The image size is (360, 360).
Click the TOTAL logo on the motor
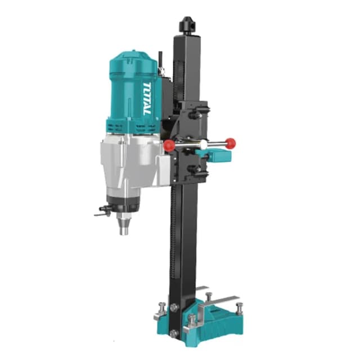point(147,98)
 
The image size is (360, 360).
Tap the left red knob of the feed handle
point(169,145)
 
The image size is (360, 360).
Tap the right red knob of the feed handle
point(230,143)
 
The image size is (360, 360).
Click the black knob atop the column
point(188,24)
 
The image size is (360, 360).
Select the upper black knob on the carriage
point(195,115)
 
